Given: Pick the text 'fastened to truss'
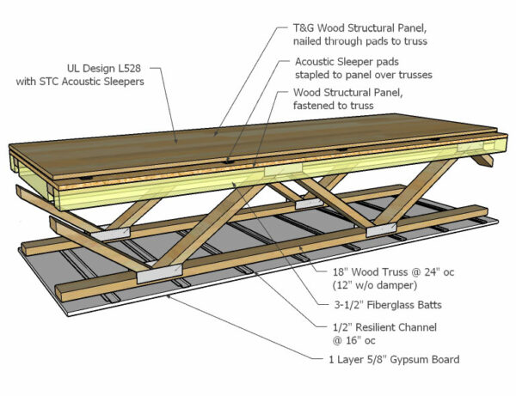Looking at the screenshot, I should [335, 106].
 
